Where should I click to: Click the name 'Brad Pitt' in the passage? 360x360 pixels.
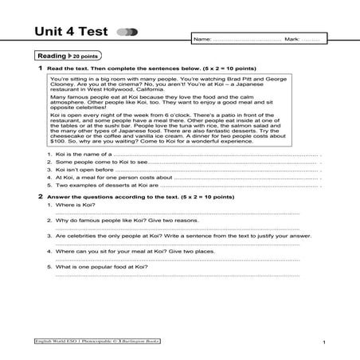(x=221, y=80)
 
